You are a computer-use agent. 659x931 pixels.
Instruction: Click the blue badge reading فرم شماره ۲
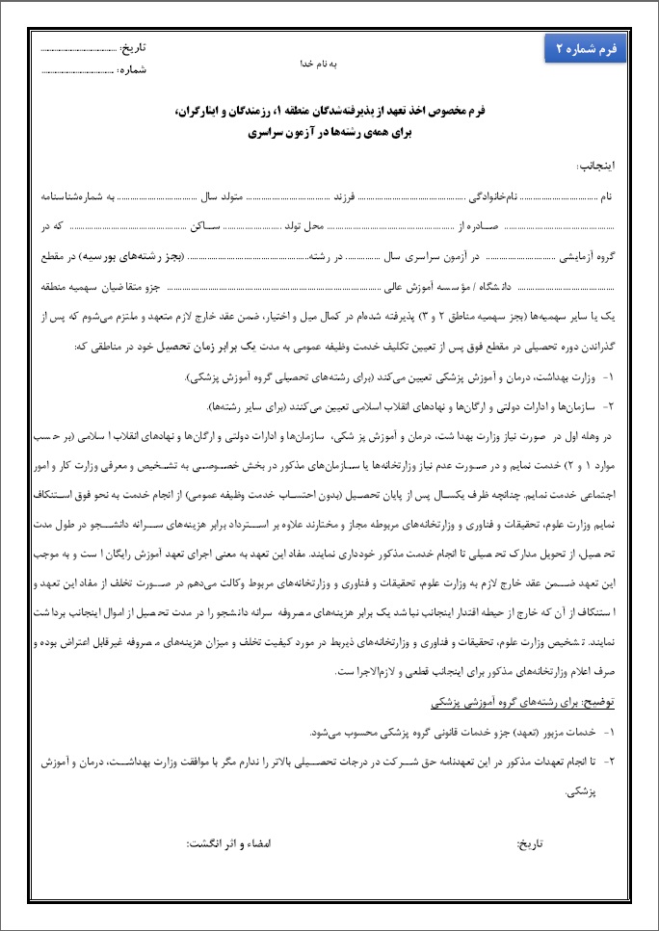point(585,49)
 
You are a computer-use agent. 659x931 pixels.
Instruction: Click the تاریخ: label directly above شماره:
point(134,48)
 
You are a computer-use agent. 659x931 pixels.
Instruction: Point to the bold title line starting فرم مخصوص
point(329,113)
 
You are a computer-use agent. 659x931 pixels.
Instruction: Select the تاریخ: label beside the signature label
point(531,841)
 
